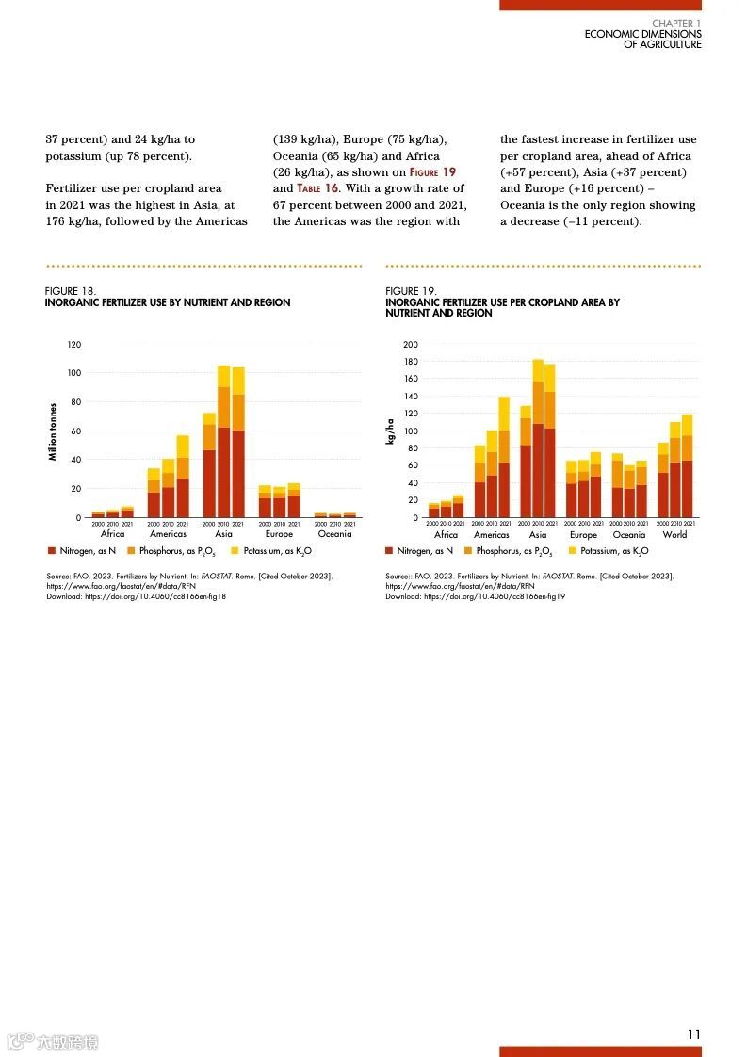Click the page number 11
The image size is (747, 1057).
(x=693, y=1033)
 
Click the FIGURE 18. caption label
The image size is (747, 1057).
(x=71, y=292)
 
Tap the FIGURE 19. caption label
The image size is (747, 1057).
(x=411, y=292)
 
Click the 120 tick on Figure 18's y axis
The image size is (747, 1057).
(x=74, y=345)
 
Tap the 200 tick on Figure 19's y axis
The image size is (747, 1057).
(x=411, y=345)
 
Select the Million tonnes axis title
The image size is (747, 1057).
(x=54, y=432)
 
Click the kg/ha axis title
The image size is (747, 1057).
(x=390, y=432)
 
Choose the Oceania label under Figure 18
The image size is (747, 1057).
(x=334, y=534)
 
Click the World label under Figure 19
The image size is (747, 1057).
(x=674, y=535)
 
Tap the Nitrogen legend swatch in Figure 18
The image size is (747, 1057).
(x=51, y=550)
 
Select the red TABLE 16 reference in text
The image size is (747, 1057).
(x=318, y=188)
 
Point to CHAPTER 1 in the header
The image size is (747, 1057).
(x=676, y=24)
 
